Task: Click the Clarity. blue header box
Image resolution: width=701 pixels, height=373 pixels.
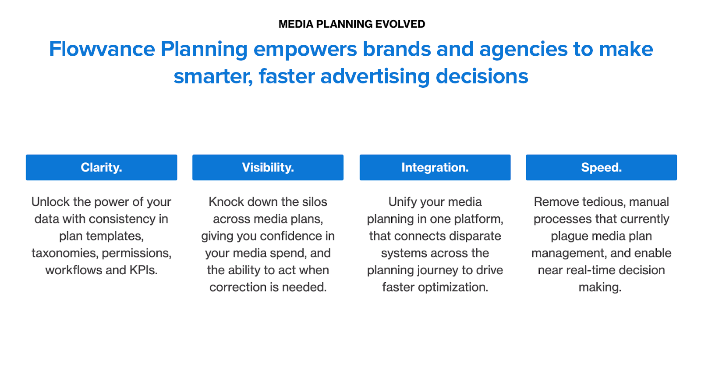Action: (x=101, y=167)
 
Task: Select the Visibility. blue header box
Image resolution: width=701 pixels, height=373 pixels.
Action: (x=268, y=167)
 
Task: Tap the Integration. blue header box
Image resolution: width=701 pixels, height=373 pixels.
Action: (x=435, y=167)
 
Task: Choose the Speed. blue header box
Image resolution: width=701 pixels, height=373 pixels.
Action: (x=601, y=167)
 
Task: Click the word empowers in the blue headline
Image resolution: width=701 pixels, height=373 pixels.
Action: (x=305, y=50)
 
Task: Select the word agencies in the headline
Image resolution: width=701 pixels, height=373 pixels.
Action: (x=523, y=50)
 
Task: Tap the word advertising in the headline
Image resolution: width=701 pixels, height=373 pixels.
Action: (x=375, y=76)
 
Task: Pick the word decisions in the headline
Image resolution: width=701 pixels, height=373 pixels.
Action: (x=482, y=76)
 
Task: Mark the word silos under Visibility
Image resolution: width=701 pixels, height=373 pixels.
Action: (x=315, y=202)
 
